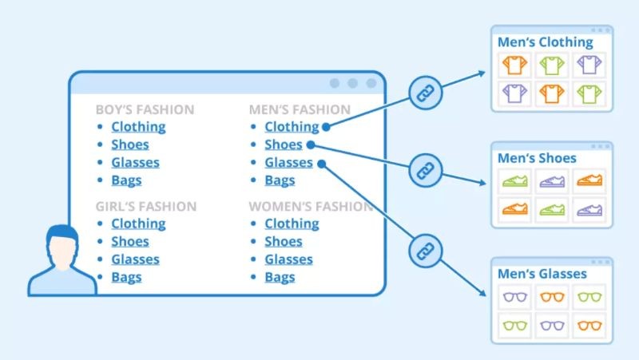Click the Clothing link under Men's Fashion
tap(292, 127)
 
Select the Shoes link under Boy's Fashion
tap(130, 144)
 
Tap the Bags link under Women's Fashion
tap(280, 277)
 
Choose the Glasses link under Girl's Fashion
tap(135, 259)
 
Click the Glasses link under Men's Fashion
tap(288, 163)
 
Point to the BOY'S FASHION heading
tap(145, 109)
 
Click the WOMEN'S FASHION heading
tap(311, 207)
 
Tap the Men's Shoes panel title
tap(537, 158)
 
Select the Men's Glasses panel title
tap(542, 274)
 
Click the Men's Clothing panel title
tap(546, 42)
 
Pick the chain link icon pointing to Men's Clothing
tap(426, 93)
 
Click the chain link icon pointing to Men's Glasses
tap(426, 251)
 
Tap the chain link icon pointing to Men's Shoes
tap(426, 170)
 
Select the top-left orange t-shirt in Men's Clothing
tap(514, 65)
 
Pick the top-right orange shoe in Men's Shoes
tap(589, 180)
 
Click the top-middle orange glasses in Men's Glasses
tap(552, 297)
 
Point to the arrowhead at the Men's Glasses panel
tap(482, 292)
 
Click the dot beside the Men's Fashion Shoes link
tap(311, 144)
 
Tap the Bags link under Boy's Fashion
tap(126, 180)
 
